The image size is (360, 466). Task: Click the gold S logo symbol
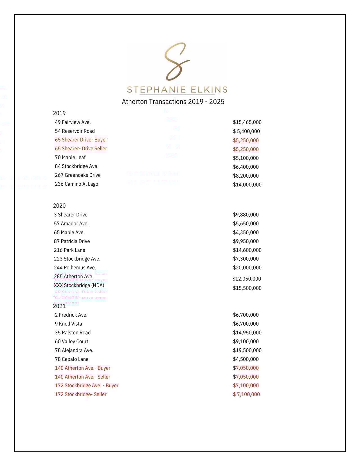click(x=177, y=61)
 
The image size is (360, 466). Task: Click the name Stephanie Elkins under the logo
click(x=177, y=90)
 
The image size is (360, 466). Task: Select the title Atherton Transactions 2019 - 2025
click(x=173, y=102)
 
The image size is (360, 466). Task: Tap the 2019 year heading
click(x=59, y=113)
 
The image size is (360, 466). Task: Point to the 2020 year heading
click(x=59, y=206)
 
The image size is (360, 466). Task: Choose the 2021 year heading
click(x=59, y=306)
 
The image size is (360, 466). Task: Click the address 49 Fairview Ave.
click(x=73, y=122)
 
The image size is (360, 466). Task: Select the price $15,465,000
click(x=247, y=122)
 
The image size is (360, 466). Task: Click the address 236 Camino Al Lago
click(x=76, y=184)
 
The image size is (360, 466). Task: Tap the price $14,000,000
click(x=247, y=185)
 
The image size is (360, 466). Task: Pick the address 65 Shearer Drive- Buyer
click(x=81, y=140)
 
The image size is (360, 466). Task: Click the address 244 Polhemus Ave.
click(x=75, y=268)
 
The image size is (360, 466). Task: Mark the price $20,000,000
click(x=247, y=268)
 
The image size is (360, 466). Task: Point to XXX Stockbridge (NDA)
click(x=79, y=285)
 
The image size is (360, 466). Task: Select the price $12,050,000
click(x=247, y=279)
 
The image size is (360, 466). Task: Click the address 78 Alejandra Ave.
click(x=74, y=350)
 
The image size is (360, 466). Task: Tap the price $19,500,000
click(x=247, y=350)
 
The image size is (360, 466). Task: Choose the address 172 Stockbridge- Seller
click(x=81, y=395)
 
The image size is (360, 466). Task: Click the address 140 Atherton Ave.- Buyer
click(x=83, y=368)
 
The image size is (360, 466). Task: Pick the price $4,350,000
click(x=246, y=232)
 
